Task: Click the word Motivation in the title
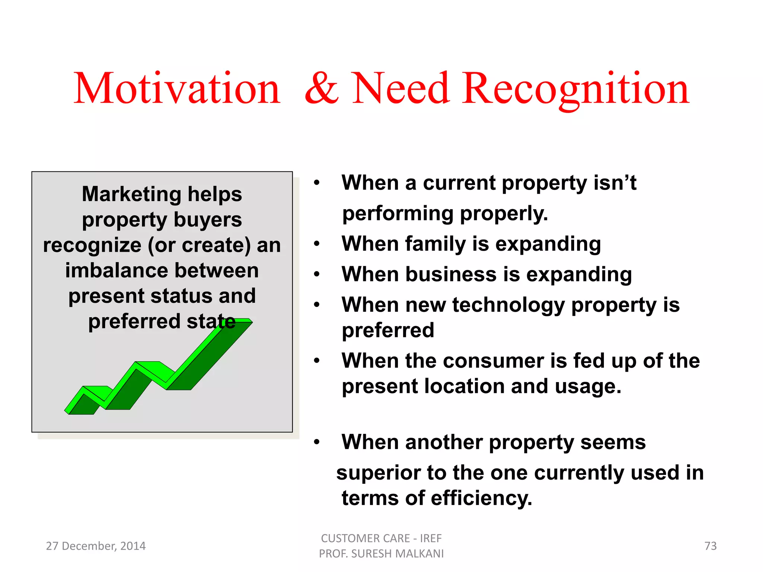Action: (177, 89)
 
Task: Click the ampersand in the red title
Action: (322, 89)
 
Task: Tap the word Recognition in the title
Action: (576, 89)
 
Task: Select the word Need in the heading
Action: (400, 89)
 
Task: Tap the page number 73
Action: (710, 546)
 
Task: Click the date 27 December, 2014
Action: (96, 546)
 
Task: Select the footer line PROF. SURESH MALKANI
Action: (381, 554)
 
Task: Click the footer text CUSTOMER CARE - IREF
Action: (381, 538)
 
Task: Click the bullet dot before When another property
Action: (317, 442)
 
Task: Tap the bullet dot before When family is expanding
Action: (317, 244)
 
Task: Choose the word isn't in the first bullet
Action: (615, 183)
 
